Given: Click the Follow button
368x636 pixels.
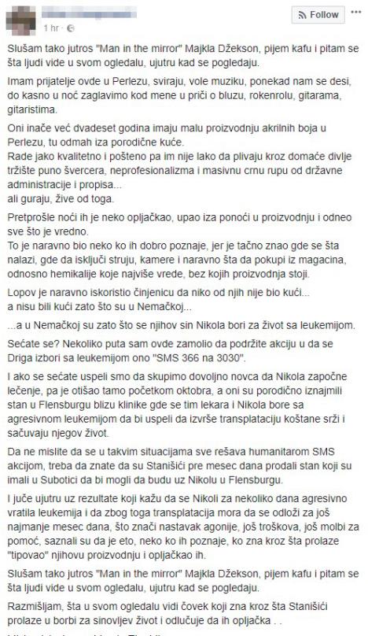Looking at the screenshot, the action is coord(318,15).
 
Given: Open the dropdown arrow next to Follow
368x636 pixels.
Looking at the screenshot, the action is coord(355,15).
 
